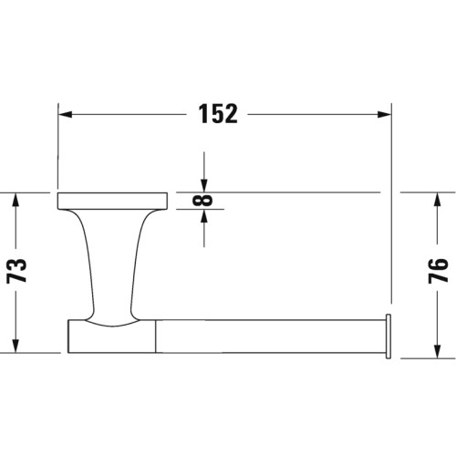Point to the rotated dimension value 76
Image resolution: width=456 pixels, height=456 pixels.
(x=437, y=272)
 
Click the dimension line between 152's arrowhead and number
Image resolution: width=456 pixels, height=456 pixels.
(x=128, y=115)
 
